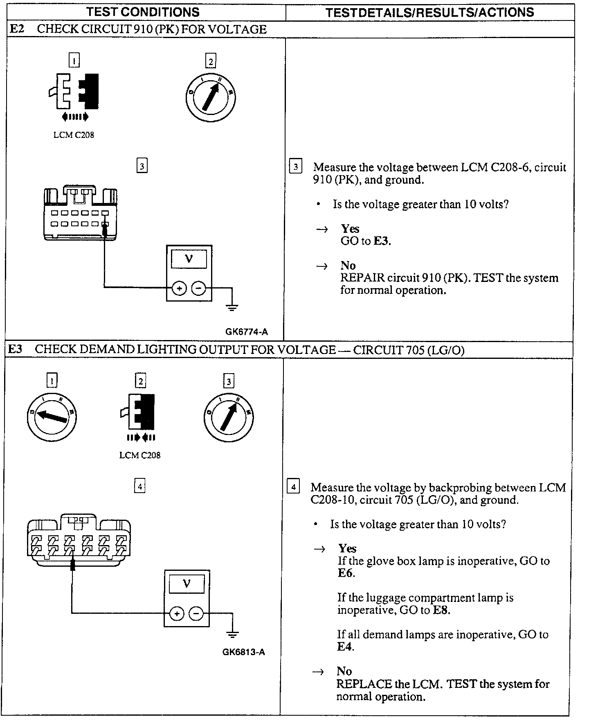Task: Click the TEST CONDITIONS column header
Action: click(143, 12)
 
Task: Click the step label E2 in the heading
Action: click(17, 29)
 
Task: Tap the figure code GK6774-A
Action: click(246, 332)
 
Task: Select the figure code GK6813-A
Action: click(243, 652)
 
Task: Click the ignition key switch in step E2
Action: click(210, 98)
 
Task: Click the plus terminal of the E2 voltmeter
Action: click(179, 288)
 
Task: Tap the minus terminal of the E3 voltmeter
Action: click(196, 614)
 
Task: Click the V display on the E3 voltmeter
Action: click(187, 584)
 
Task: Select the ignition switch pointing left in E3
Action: click(52, 417)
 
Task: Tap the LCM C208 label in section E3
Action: click(140, 455)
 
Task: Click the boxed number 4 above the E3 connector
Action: click(140, 486)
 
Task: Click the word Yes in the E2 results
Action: click(350, 229)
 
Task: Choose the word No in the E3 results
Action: click(344, 671)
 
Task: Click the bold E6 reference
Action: click(346, 573)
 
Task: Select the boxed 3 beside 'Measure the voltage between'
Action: click(295, 167)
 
